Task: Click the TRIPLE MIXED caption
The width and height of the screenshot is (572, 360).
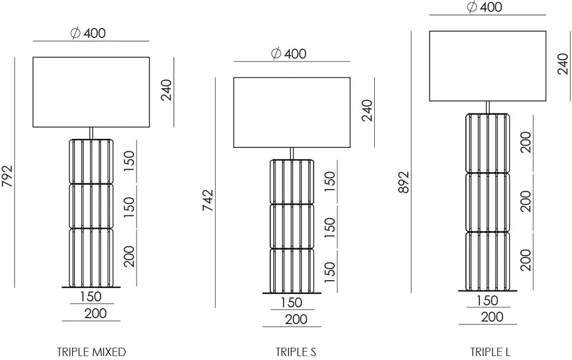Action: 91,352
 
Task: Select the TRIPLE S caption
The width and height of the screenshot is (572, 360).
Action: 295,352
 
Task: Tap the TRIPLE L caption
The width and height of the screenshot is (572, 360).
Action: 490,352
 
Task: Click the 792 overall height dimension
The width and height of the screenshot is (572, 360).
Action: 7,176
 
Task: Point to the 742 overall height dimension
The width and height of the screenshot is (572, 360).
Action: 208,200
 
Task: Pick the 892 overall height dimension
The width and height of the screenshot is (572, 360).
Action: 404,182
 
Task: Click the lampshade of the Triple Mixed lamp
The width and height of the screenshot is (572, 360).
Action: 91,92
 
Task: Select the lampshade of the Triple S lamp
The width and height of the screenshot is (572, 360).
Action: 292,112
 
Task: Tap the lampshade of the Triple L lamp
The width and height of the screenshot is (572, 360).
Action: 488,66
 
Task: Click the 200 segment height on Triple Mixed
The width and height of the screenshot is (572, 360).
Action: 129,257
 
